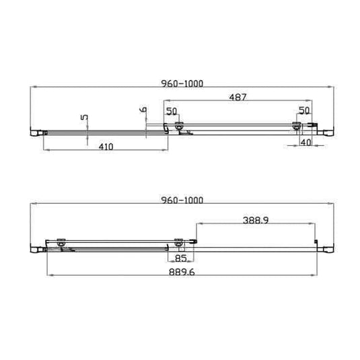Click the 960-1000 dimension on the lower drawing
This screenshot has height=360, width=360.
tap(182, 200)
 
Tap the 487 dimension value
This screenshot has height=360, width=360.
tap(238, 97)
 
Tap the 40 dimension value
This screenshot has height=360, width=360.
tap(305, 143)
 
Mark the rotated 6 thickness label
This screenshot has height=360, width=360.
tap(143, 109)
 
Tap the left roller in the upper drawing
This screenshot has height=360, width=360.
tap(179, 125)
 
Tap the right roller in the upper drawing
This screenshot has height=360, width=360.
tap(297, 125)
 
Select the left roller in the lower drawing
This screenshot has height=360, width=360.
tap(60, 242)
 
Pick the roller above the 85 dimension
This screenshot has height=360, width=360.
tap(178, 242)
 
